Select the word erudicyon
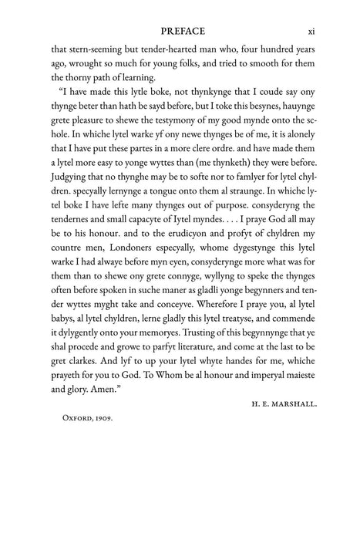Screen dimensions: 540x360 181,282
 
